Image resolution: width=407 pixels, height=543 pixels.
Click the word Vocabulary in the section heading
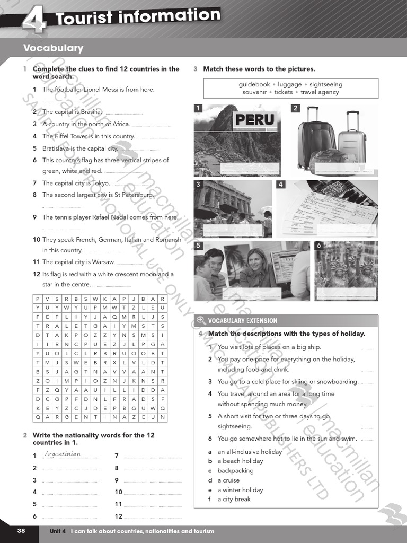[x=53, y=48]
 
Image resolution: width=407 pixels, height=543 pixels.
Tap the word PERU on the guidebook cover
[x=255, y=119]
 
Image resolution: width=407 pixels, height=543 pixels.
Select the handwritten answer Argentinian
[x=63, y=454]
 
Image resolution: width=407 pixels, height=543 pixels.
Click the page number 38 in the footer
[x=21, y=531]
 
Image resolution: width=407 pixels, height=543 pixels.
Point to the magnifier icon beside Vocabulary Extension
[x=201, y=320]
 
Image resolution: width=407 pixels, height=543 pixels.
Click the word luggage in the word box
[x=289, y=84]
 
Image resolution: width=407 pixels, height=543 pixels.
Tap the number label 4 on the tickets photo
[x=281, y=185]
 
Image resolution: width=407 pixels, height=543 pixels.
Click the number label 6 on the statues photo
[x=319, y=246]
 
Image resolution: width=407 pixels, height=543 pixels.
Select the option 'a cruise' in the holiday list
[x=228, y=480]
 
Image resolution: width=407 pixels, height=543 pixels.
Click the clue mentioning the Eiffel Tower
[x=89, y=136]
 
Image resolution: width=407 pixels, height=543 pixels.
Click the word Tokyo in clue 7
[x=101, y=183]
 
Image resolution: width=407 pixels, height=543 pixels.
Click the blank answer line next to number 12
[x=153, y=516]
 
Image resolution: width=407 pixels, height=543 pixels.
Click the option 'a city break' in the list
[x=234, y=499]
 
